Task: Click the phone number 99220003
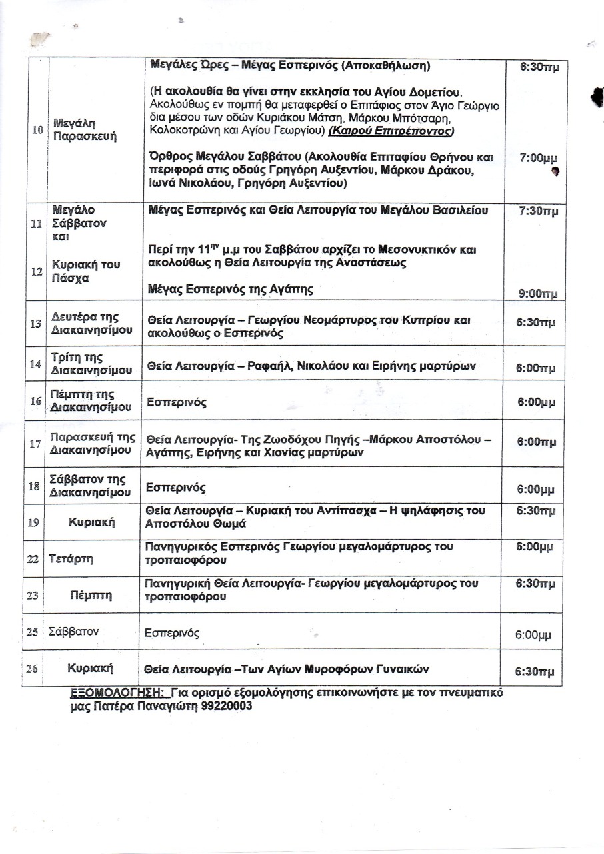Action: tap(227, 706)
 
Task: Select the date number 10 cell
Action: tap(37, 130)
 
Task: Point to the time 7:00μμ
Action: tap(537, 159)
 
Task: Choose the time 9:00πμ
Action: tap(537, 294)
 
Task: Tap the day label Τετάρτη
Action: tap(70, 559)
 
